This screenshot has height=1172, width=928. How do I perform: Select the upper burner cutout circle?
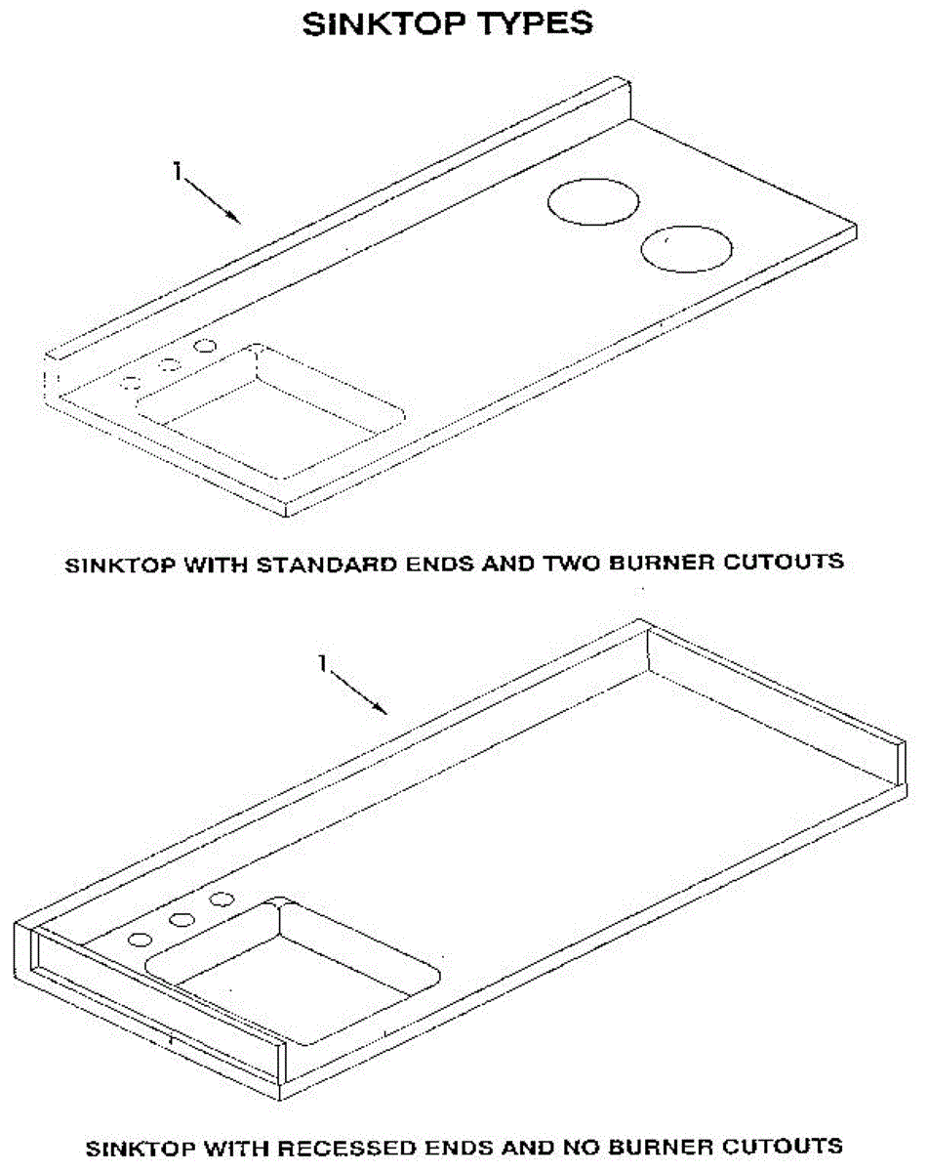pos(593,202)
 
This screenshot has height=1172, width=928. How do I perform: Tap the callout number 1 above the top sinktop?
pos(177,172)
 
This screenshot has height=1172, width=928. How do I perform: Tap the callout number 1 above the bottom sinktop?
pos(322,662)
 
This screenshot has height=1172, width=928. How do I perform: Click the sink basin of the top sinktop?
pos(273,410)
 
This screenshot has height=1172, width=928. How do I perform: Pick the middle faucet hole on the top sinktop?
pos(170,364)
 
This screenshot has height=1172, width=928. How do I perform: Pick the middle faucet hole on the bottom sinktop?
pos(181,919)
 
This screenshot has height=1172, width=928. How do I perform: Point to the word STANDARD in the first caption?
pos(305,564)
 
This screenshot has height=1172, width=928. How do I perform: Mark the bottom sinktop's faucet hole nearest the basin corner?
pos(222,899)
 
